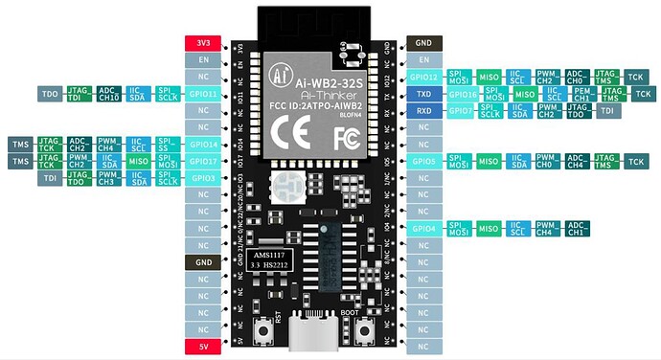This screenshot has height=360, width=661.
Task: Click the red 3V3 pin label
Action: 203,42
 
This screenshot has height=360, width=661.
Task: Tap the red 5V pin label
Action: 203,346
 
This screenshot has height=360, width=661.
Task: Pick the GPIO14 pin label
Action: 203,144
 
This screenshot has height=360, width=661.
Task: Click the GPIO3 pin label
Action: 203,177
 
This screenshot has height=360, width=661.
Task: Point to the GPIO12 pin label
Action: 424,77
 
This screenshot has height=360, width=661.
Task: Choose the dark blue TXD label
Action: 424,94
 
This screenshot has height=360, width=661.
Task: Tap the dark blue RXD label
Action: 424,111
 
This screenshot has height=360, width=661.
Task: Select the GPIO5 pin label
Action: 424,161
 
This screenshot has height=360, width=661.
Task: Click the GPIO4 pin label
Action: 424,228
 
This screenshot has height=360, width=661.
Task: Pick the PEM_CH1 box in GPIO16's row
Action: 581,94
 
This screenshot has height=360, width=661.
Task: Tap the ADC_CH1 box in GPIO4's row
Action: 578,228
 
